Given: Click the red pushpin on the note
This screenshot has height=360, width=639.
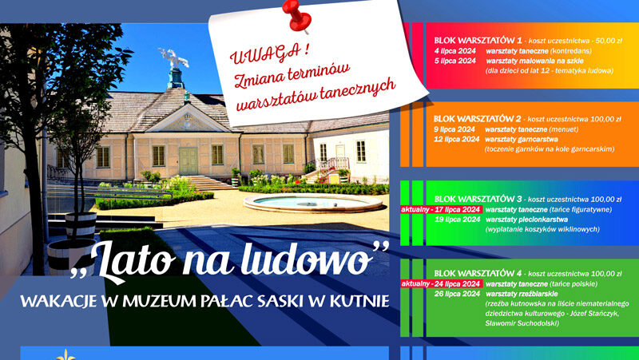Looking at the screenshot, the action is (297, 16).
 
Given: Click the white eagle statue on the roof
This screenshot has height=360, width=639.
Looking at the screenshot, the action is (174, 58).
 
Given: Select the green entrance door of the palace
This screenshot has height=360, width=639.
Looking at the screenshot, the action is (189, 161).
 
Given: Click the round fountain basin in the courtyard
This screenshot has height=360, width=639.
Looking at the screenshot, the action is (313, 203).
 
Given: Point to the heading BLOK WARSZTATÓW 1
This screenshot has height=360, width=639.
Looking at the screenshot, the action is (478, 41).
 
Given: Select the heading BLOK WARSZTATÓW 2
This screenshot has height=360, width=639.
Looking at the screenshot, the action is (477, 119).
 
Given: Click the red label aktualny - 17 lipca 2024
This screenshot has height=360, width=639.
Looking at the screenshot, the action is (442, 210).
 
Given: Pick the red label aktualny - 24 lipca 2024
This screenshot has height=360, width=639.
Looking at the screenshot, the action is (442, 284).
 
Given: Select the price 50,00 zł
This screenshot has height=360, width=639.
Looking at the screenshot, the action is (609, 41).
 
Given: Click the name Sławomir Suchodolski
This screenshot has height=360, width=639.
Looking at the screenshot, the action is (522, 323).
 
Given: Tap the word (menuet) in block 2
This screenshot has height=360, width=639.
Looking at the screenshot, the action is (564, 129).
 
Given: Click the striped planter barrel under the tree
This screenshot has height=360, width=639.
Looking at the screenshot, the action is (72, 256).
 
